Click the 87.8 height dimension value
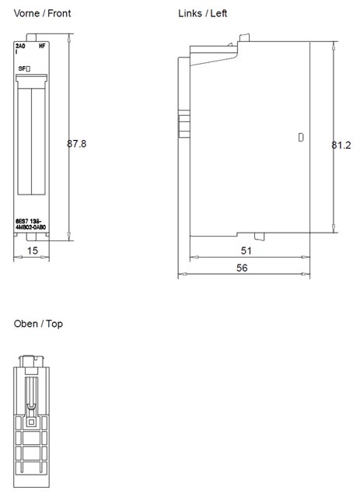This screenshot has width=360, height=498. pos(76,144)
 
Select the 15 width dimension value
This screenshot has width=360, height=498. pos(32,251)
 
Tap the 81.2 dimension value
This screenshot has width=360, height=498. pos(341,145)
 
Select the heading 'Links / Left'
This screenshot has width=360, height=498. pos(203,14)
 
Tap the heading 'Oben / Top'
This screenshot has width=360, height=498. pos(38,324)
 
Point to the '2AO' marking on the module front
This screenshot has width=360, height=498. pos(20,47)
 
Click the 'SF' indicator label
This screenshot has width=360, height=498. pos(24,69)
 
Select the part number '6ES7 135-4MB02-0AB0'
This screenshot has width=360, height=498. pos(31,224)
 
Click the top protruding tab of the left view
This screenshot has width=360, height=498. pos(243,37)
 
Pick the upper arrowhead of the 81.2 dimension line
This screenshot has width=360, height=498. pos(334,44)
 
